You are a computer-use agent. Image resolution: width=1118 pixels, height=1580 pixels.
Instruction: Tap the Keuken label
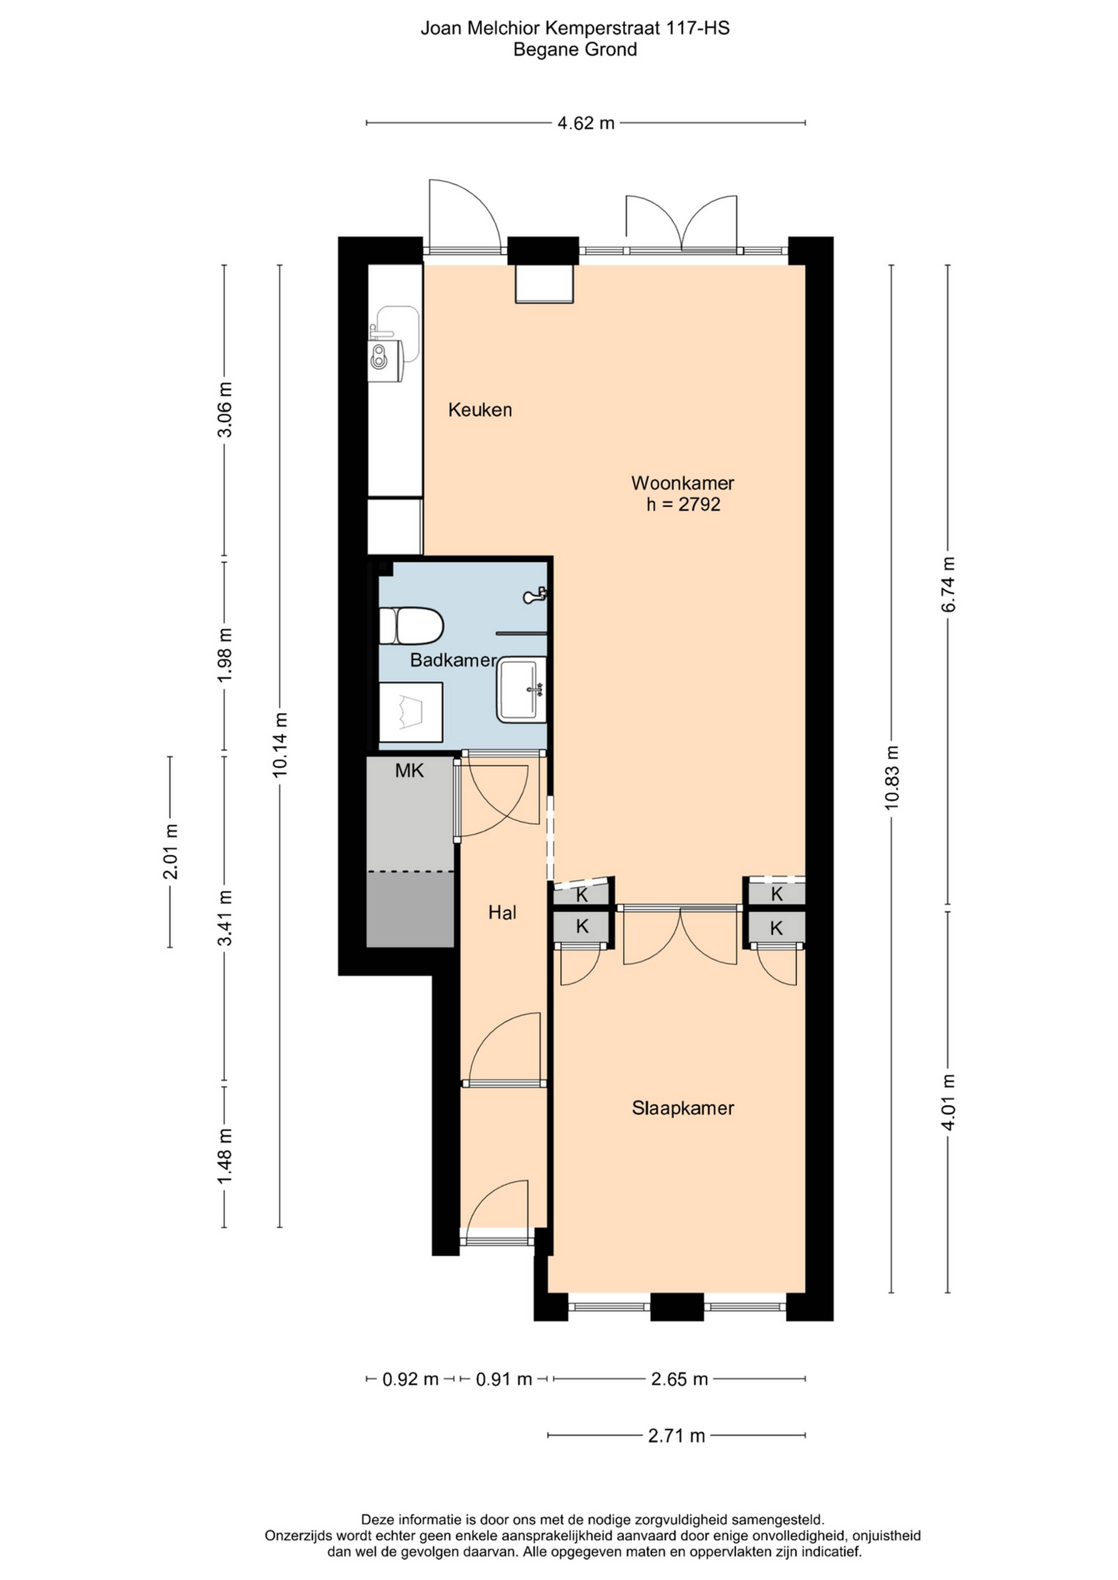point(480,410)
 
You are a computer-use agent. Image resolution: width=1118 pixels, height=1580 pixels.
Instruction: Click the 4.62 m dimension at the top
point(586,123)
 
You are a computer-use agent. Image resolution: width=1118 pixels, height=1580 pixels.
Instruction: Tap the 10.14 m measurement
point(279,745)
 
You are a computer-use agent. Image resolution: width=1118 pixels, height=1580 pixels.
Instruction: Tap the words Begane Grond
point(576,49)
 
